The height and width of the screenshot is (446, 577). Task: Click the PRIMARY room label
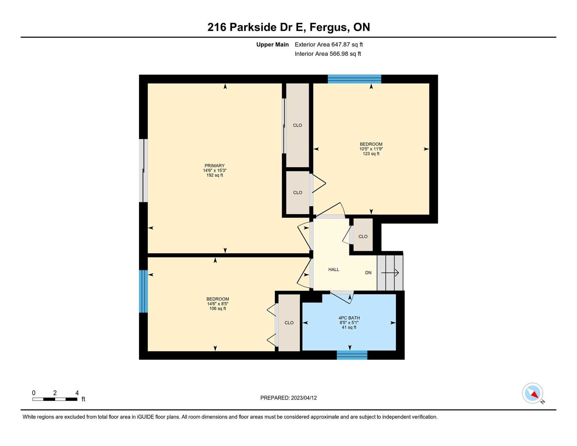(x=214, y=166)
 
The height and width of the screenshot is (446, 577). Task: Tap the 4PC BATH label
(x=349, y=318)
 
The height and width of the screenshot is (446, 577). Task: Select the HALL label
(x=334, y=269)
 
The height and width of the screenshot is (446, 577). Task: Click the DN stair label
(x=368, y=273)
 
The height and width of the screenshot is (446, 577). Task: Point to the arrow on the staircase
(x=390, y=273)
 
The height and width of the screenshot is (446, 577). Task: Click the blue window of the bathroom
(x=352, y=355)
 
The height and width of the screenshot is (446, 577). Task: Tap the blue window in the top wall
(x=354, y=79)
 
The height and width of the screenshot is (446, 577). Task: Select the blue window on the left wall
(x=143, y=291)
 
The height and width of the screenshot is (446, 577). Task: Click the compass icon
(x=533, y=393)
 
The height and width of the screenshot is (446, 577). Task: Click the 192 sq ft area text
(x=214, y=175)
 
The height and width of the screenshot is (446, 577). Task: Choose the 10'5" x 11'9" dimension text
(x=371, y=149)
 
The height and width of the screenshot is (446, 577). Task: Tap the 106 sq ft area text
(x=217, y=309)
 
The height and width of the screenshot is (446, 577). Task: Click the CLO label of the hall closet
(x=363, y=237)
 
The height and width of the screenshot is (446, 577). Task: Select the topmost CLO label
(x=297, y=125)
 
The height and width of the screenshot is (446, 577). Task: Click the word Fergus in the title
(x=328, y=27)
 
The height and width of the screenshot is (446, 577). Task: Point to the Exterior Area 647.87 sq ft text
(x=329, y=45)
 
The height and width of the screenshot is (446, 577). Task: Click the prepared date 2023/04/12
(x=304, y=398)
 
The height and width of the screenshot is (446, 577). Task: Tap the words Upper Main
(x=272, y=45)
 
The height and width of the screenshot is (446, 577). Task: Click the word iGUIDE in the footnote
(x=145, y=417)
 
